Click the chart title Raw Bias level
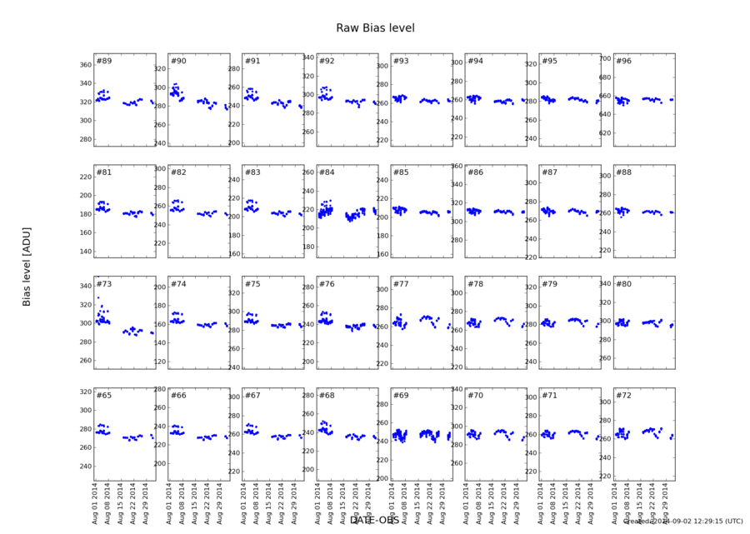[x=375, y=27]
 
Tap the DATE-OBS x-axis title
[x=374, y=521]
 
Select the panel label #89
[x=104, y=61]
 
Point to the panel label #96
[x=623, y=61]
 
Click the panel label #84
[x=327, y=172]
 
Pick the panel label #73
[x=104, y=284]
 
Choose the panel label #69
[x=401, y=395]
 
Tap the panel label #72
[x=623, y=395]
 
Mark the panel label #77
[x=401, y=284]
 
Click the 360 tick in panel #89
[x=85, y=65]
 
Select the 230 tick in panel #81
[x=85, y=177]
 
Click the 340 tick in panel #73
[x=85, y=286]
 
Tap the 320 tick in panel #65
[x=85, y=392]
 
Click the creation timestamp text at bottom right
[x=683, y=522]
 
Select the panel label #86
[x=475, y=172]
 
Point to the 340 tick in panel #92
[x=307, y=58]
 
